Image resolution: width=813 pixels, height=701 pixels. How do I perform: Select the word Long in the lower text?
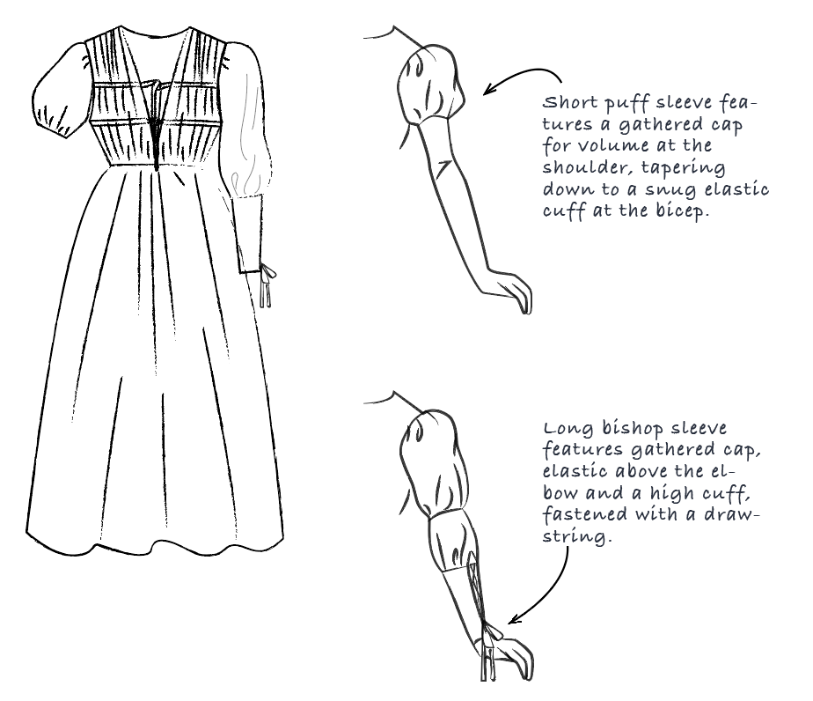click(x=566, y=429)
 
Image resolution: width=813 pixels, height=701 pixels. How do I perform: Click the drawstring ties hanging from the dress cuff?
click(x=265, y=286)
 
